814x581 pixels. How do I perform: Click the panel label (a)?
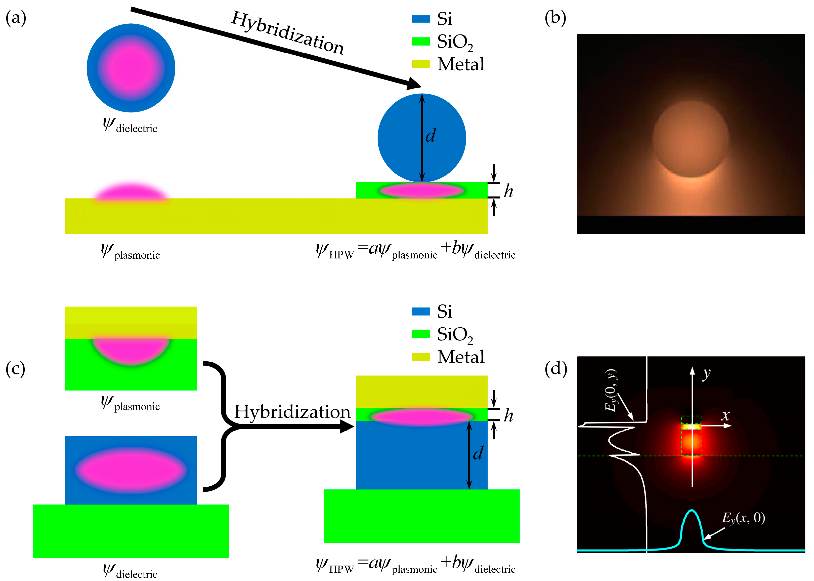(16, 18)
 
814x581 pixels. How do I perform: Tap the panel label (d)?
(555, 368)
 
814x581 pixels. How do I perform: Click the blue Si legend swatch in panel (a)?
(420, 19)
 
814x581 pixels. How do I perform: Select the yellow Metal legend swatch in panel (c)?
(420, 357)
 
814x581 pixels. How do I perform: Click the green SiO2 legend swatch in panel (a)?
(420, 42)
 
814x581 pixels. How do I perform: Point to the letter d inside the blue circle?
(431, 135)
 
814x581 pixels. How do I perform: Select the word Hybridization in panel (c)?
(292, 412)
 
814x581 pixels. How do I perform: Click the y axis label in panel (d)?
(706, 374)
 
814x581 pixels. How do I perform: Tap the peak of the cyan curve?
(692, 511)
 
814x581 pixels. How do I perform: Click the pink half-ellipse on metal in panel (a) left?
(131, 191)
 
